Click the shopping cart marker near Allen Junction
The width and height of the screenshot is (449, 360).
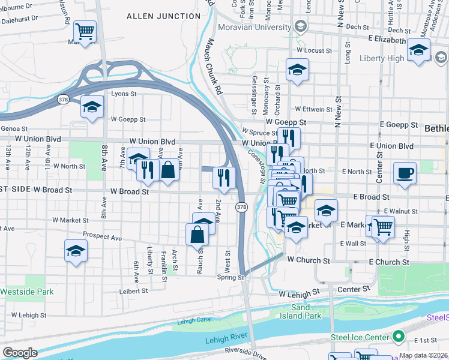(x=85, y=31)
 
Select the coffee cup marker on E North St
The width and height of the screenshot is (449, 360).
(x=405, y=173)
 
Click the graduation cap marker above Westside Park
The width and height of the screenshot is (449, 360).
(x=76, y=250)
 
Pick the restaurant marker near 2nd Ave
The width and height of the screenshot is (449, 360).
(x=222, y=177)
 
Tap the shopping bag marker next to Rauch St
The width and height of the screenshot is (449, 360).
(x=197, y=235)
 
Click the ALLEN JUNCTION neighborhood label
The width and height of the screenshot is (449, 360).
(x=155, y=16)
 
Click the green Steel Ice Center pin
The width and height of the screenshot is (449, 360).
(x=397, y=335)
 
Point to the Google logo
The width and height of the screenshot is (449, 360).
(x=20, y=353)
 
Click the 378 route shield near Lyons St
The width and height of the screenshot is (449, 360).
(x=62, y=98)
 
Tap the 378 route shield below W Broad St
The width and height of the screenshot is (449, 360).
(x=241, y=207)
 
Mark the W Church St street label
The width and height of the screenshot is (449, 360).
(x=309, y=260)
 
